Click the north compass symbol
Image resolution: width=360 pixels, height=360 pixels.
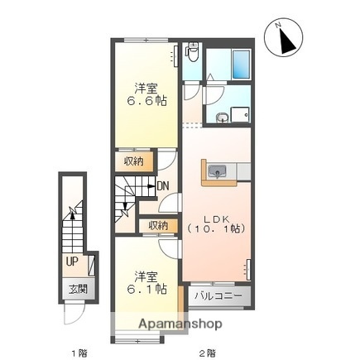pyautogui.click(x=286, y=38)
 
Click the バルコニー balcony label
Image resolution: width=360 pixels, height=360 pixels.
pyautogui.click(x=218, y=294)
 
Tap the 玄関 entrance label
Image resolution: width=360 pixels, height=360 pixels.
pyautogui.click(x=77, y=289)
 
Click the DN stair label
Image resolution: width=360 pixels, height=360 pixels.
pyautogui.click(x=163, y=185)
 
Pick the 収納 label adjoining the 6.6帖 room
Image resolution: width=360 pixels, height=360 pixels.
pyautogui.click(x=134, y=161)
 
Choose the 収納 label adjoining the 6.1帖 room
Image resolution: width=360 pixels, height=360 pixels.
pyautogui.click(x=158, y=225)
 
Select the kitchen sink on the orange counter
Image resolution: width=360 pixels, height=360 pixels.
pyautogui.click(x=218, y=171)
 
